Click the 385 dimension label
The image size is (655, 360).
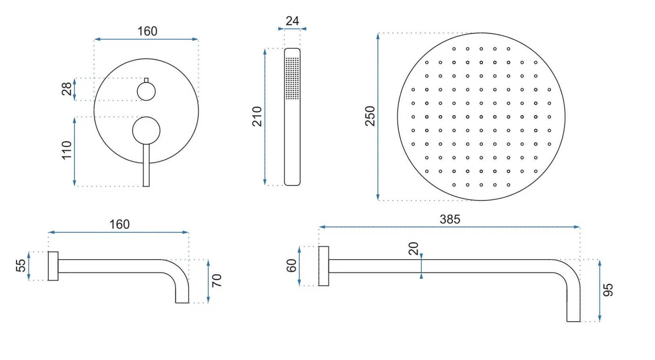[450, 219]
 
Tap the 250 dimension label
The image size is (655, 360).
[370, 116]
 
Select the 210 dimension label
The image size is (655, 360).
[257, 117]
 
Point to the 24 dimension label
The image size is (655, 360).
[292, 21]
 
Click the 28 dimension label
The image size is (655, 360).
[67, 89]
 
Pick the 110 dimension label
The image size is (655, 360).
[67, 150]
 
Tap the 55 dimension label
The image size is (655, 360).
[21, 266]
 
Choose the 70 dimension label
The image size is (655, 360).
[216, 281]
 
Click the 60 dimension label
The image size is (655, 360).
[291, 266]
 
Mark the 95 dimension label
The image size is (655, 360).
[608, 290]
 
